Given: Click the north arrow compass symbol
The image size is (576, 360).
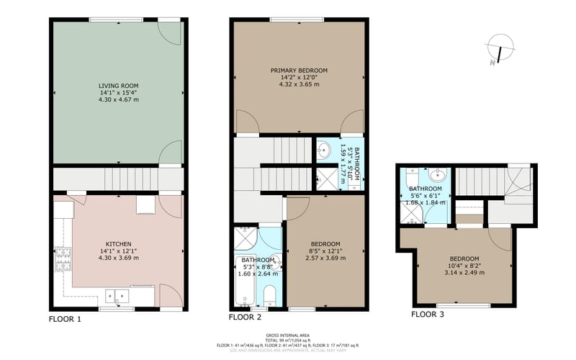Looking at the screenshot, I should point(498,48).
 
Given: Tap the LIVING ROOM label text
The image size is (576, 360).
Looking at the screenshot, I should point(119,85).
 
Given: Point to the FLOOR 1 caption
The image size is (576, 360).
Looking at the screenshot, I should point(65,318).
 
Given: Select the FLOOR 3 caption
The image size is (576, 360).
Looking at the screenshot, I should point(428,314).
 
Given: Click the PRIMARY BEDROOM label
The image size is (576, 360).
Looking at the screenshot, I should point(299,71).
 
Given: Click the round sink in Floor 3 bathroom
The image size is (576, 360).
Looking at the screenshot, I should point(437,175).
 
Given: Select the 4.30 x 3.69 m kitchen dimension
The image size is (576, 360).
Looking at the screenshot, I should point(119,258).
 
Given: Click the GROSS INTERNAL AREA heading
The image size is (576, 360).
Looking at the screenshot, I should point(288,336).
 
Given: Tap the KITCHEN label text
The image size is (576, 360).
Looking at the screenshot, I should point(119,243).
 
